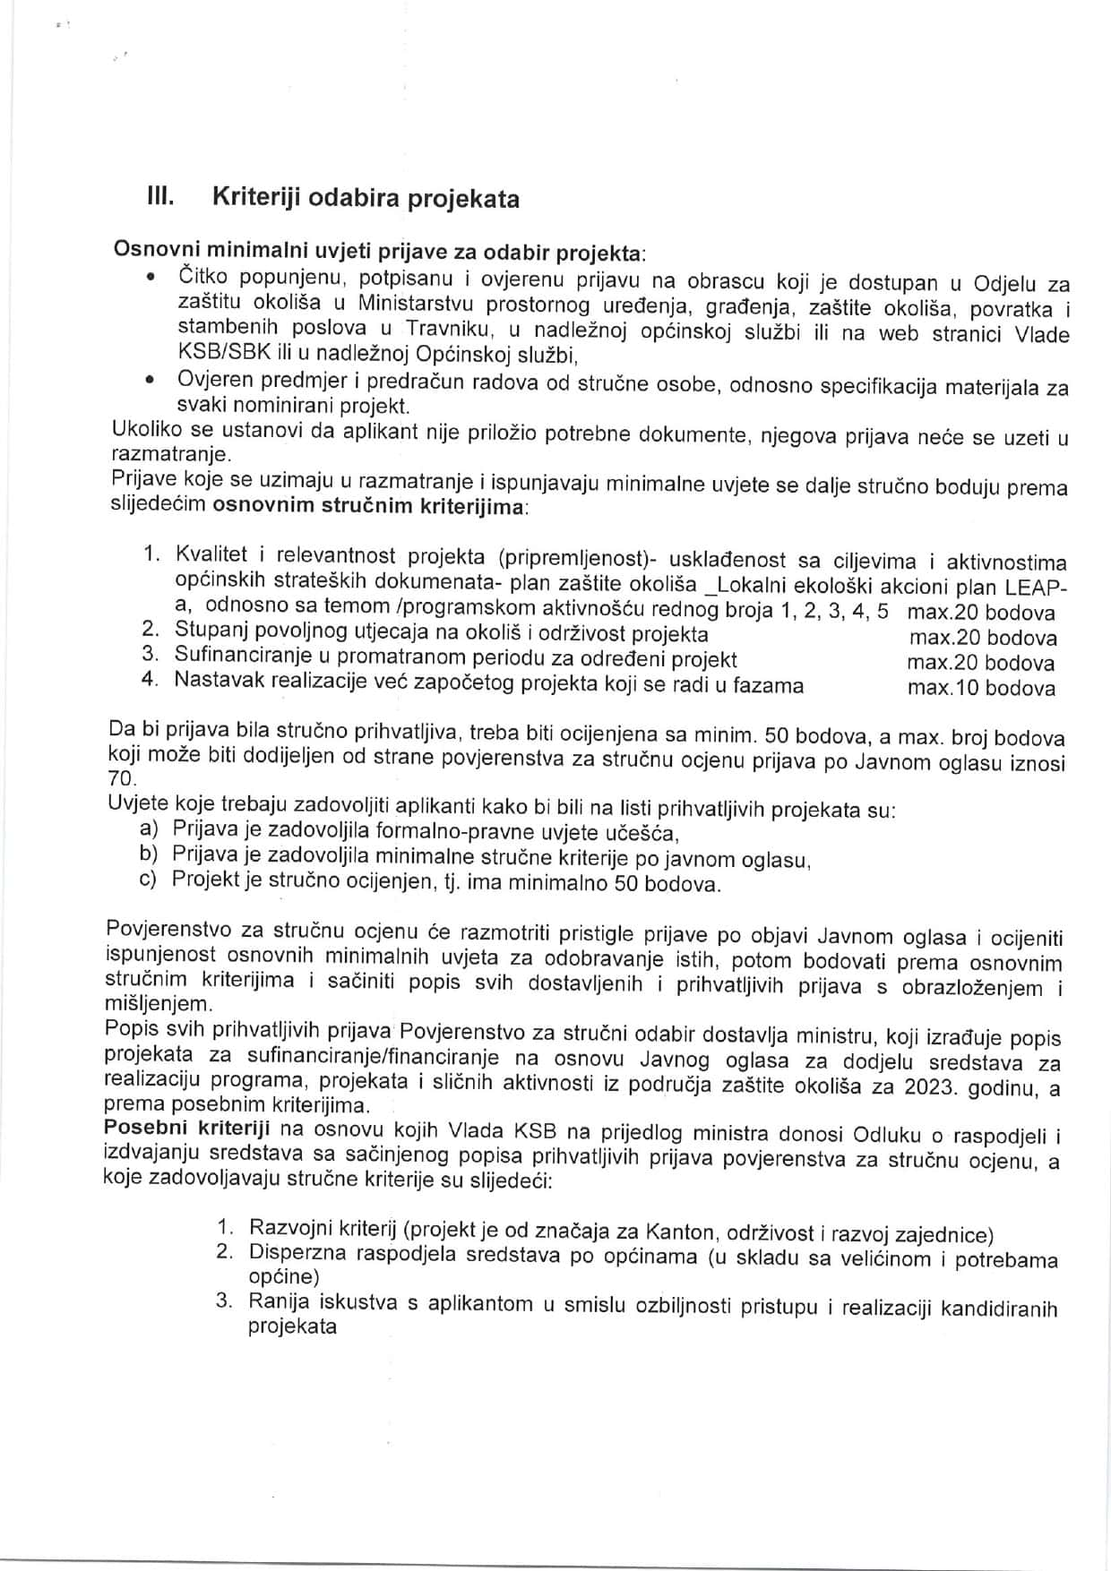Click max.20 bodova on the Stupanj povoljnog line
[982, 638]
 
